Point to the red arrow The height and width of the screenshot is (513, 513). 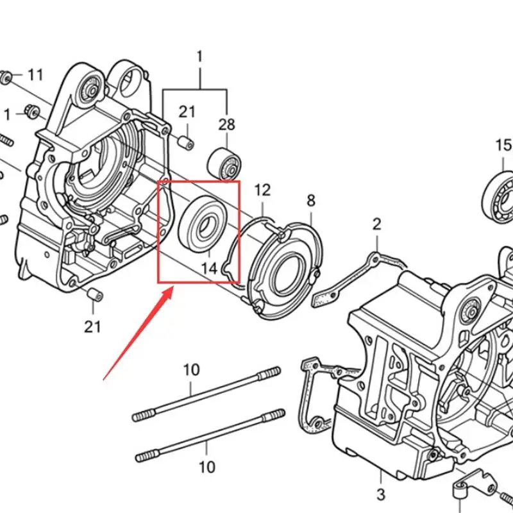[138, 333]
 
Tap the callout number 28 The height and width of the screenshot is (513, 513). [226, 124]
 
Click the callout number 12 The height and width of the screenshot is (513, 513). [263, 190]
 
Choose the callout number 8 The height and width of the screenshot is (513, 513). [311, 201]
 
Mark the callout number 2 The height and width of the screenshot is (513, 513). [376, 224]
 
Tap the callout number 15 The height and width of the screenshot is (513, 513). [504, 146]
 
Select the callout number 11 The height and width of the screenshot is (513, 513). [35, 75]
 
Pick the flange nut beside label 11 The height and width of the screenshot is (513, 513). [6, 77]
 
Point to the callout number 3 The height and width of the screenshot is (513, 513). [380, 494]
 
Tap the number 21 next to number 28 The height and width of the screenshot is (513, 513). [187, 112]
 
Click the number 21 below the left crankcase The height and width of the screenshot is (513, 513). [92, 326]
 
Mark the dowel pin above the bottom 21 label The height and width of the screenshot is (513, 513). [95, 296]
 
